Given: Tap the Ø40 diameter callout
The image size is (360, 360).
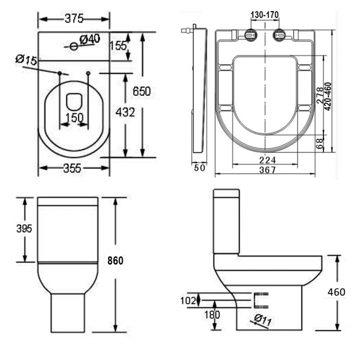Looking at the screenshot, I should coord(89,39).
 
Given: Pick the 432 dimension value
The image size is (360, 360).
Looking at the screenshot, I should coord(125,112).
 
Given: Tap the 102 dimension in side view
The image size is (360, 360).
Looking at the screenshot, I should coord(189,300).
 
